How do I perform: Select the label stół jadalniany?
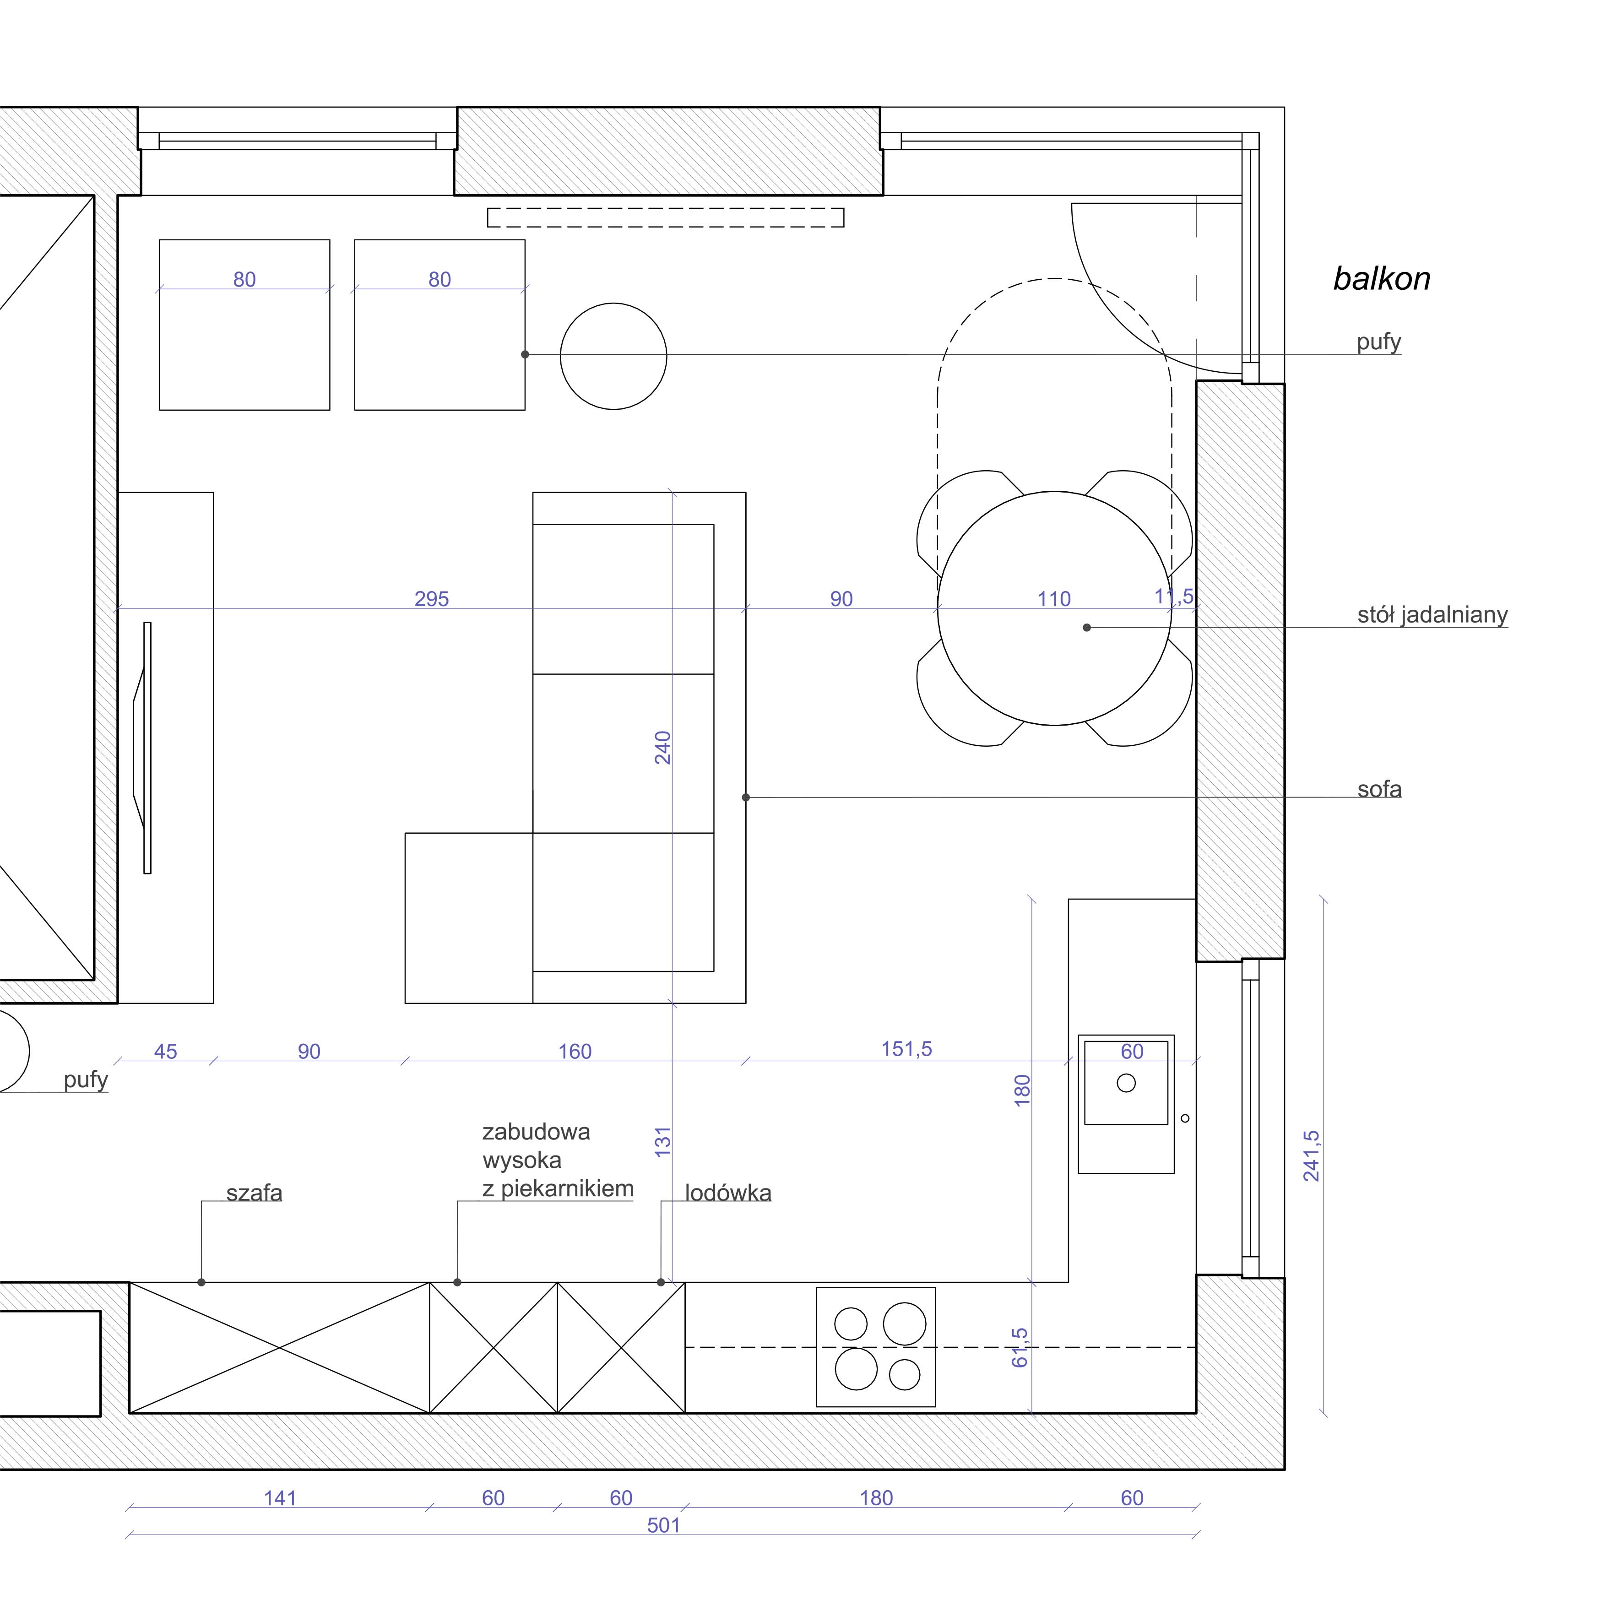(1432, 615)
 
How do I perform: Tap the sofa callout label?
(1379, 789)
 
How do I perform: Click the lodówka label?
(728, 1193)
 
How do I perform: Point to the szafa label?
(255, 1193)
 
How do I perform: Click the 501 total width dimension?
(663, 1525)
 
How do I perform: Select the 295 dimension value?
(432, 599)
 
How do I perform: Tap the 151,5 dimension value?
(907, 1049)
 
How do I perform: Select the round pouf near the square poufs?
(614, 357)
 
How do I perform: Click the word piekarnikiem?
(568, 1189)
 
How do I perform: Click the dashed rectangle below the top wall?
(666, 217)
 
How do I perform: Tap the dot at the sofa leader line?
(745, 797)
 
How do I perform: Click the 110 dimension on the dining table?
(1054, 599)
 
